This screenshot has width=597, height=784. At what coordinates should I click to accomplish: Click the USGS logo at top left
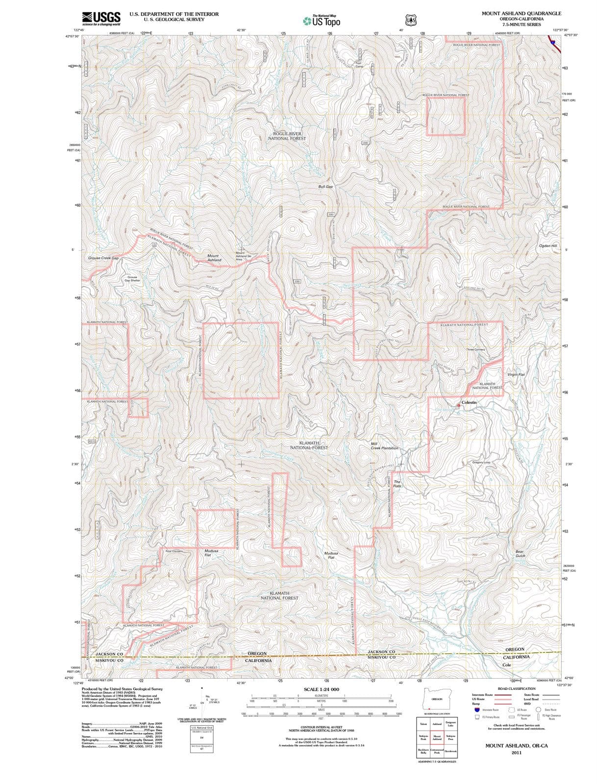[x=101, y=18]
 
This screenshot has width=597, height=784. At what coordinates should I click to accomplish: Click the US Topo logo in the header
[x=322, y=21]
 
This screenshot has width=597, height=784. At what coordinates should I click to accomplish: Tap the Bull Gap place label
[x=325, y=187]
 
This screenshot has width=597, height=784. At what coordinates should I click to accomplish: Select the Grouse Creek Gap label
[x=103, y=258]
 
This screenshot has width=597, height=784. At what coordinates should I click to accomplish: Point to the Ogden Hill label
[x=548, y=245]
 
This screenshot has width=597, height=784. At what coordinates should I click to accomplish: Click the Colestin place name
[x=469, y=402]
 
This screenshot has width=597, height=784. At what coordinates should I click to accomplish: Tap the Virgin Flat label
[x=516, y=374]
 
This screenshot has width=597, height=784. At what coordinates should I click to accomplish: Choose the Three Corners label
[x=475, y=349]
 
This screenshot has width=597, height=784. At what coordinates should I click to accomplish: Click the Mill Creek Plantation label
[x=384, y=446]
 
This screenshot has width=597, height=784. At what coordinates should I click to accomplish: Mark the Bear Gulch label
[x=520, y=554]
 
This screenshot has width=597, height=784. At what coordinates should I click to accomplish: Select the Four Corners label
[x=174, y=551]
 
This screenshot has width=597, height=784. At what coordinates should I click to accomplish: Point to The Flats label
[x=397, y=484]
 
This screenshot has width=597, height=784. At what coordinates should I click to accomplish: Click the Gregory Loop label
[x=481, y=462]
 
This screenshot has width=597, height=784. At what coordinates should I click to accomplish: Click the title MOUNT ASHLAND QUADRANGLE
[x=521, y=13]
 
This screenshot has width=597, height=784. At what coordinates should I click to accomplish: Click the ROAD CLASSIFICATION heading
[x=516, y=688]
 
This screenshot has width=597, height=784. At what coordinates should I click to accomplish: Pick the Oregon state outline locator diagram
[x=436, y=699]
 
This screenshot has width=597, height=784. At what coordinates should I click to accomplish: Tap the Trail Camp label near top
[x=358, y=64]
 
